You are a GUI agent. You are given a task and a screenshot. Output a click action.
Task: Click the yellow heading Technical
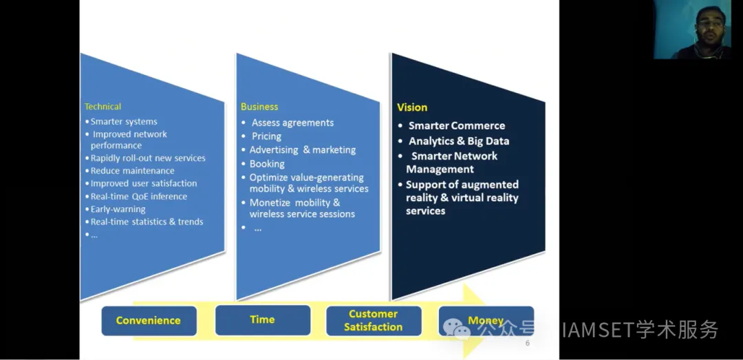coord(103,107)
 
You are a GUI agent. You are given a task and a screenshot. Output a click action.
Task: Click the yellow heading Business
coord(259,107)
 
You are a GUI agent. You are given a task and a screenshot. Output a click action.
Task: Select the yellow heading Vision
coord(412,107)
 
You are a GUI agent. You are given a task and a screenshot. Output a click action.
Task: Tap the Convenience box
coord(149,321)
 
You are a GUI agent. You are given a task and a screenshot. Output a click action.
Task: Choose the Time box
coord(263,319)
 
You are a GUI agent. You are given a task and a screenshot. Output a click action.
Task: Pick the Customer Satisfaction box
coord(374,321)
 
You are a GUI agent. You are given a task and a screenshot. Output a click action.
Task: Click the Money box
coord(486,321)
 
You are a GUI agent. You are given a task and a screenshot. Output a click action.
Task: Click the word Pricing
coord(266,136)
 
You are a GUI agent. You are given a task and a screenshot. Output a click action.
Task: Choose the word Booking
coord(267,164)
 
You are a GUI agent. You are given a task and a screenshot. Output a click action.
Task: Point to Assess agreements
coord(292,123)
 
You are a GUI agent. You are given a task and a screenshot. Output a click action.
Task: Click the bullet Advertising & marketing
coord(302,150)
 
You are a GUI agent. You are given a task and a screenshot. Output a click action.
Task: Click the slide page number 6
coord(528,343)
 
